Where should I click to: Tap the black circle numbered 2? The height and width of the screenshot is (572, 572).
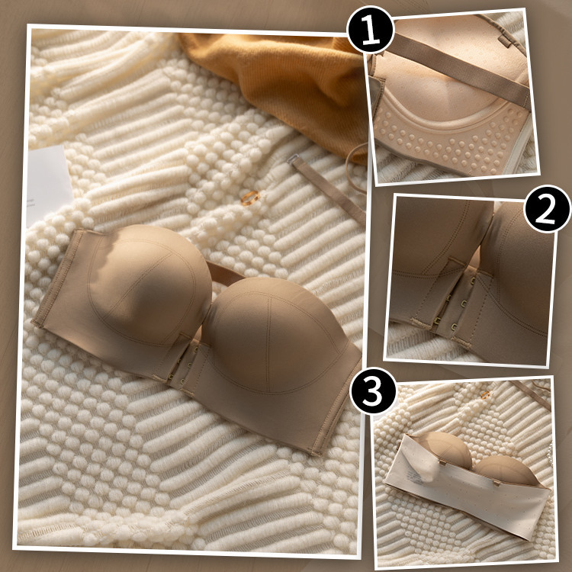point(547,209)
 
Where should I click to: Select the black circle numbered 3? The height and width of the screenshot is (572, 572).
point(373,391)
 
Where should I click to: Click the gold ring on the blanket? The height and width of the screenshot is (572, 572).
point(250,198)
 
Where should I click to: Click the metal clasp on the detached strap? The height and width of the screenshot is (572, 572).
point(292,159)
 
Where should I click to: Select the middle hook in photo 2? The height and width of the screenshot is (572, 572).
point(464,304)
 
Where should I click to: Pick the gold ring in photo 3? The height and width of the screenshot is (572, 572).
point(485,395)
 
